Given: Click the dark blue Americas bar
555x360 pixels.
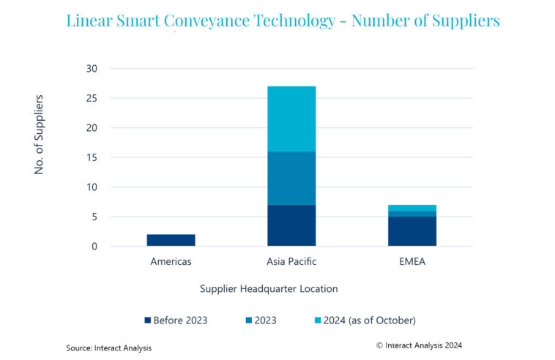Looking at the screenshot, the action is (171, 240).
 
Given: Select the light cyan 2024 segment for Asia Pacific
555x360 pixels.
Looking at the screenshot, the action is (291, 119).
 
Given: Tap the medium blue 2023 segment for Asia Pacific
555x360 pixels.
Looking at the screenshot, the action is (291, 179).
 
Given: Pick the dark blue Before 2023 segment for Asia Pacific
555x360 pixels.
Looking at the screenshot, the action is (291, 225).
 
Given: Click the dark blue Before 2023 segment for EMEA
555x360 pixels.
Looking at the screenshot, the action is (412, 231).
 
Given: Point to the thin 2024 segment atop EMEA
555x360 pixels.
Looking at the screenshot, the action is (412, 208).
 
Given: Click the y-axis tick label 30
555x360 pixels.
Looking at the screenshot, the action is (92, 69).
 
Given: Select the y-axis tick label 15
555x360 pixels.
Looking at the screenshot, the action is (92, 157).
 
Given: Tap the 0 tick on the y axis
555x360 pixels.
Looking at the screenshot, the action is (94, 247).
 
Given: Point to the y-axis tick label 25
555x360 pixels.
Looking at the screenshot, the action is (92, 98).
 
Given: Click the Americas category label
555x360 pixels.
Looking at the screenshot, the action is (171, 261).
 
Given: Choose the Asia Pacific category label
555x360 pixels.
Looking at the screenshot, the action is (291, 261).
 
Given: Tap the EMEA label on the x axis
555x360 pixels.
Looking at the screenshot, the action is (412, 261).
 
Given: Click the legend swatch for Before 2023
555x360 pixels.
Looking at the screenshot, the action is (148, 320).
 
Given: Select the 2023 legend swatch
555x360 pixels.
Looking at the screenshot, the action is (249, 320).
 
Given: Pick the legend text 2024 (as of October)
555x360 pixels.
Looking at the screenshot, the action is (370, 320).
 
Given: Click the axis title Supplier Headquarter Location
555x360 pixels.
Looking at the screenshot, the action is (269, 288).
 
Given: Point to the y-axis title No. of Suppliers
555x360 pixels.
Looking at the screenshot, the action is (39, 135).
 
